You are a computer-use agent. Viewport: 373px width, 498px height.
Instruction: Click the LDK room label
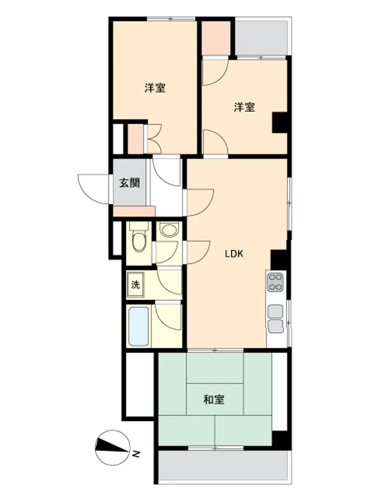[x=234, y=254]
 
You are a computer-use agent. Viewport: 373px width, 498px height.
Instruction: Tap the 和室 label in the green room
[x=214, y=399]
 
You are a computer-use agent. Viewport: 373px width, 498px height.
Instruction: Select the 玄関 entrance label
[x=129, y=183]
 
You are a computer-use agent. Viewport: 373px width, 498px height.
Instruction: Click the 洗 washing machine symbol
[x=135, y=284]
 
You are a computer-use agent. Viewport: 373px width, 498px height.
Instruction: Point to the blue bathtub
[x=139, y=326]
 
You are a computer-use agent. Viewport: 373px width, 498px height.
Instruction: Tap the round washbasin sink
[x=169, y=229]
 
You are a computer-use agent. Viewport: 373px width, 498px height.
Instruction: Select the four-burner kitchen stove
[x=275, y=282]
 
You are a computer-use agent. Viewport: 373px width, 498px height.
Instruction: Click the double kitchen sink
[x=276, y=319]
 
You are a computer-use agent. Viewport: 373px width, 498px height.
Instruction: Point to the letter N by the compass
[x=136, y=455]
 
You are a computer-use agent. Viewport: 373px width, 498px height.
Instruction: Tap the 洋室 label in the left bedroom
[x=155, y=88]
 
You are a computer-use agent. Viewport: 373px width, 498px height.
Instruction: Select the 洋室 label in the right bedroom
[x=244, y=107]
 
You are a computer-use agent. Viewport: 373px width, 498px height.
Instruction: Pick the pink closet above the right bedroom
[x=216, y=38]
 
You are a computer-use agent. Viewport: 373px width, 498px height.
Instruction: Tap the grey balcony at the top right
[x=262, y=37]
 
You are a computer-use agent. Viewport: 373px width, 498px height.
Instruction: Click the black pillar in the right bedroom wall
[x=280, y=123]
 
